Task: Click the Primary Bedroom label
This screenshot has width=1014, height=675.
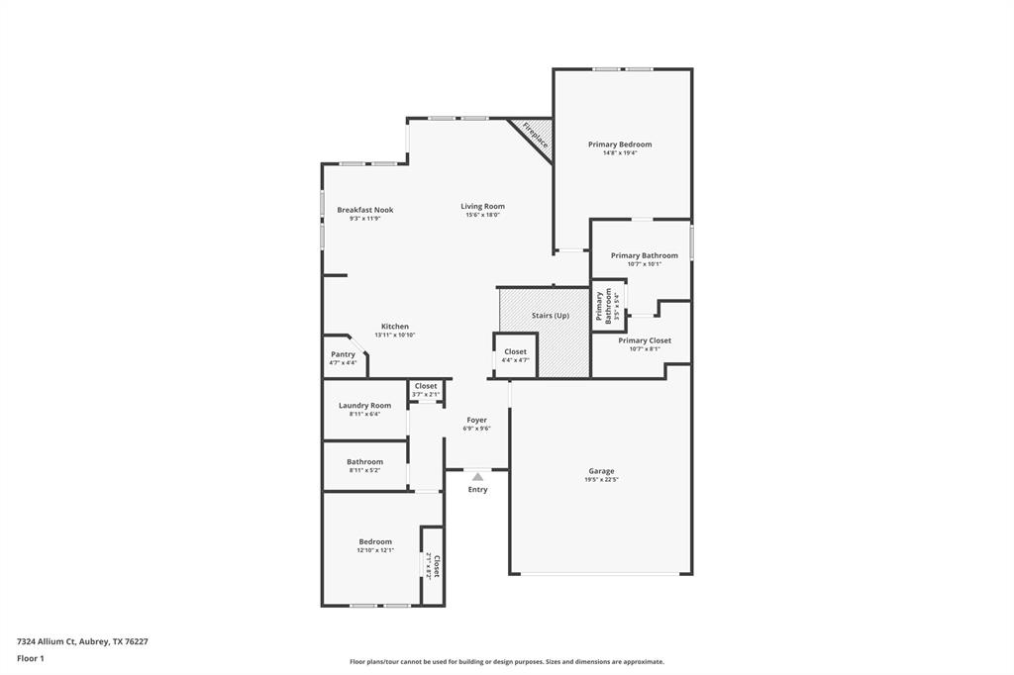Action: pyautogui.click(x=620, y=145)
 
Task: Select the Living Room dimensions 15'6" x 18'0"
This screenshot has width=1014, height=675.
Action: pyautogui.click(x=482, y=215)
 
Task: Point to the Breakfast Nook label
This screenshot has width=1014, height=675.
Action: pyautogui.click(x=364, y=210)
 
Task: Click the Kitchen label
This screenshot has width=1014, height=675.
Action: pyautogui.click(x=394, y=327)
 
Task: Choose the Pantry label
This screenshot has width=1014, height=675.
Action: pyautogui.click(x=343, y=354)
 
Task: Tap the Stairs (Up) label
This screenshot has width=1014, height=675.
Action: pyautogui.click(x=551, y=316)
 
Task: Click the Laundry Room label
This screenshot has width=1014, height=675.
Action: pyautogui.click(x=364, y=406)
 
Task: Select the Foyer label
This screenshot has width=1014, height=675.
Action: pyautogui.click(x=476, y=420)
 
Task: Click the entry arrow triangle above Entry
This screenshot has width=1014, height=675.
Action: pyautogui.click(x=477, y=477)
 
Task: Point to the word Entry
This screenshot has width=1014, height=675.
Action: pyautogui.click(x=477, y=490)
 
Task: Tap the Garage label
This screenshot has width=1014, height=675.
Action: pyautogui.click(x=601, y=471)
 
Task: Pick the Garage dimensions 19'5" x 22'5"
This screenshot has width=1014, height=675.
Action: pyautogui.click(x=601, y=480)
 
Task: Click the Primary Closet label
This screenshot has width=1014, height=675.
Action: pyautogui.click(x=645, y=340)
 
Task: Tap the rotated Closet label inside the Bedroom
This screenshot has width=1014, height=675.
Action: pyautogui.click(x=436, y=565)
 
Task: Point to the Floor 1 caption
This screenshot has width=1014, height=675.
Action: pyautogui.click(x=31, y=658)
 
